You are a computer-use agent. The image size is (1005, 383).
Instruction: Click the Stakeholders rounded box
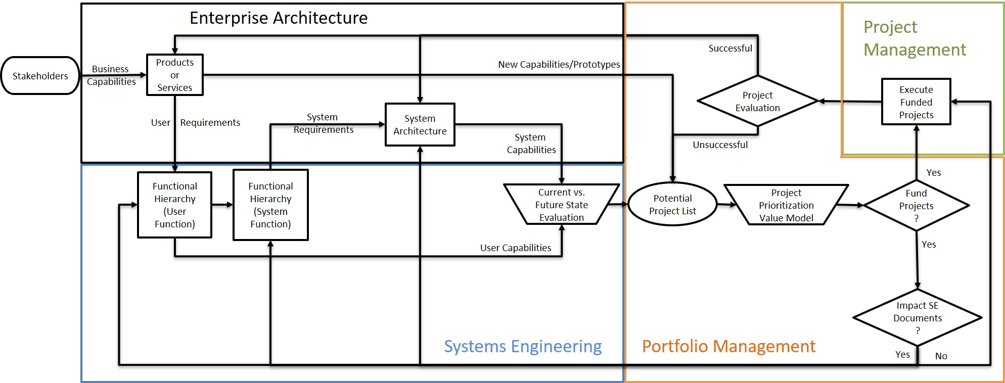[x=40, y=76]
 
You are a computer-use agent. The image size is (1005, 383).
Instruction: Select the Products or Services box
[x=175, y=75]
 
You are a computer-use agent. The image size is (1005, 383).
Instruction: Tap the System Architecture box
[x=420, y=125]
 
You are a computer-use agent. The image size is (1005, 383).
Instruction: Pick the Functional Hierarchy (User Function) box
[x=175, y=205]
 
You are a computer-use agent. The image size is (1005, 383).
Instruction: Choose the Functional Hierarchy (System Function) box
[x=270, y=205]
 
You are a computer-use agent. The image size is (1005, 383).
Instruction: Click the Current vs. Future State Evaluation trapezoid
[x=561, y=205]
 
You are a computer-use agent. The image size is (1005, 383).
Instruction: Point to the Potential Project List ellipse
[x=672, y=204]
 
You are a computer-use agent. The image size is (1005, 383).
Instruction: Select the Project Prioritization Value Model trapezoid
[x=786, y=205]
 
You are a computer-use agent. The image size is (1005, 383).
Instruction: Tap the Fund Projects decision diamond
[x=916, y=206]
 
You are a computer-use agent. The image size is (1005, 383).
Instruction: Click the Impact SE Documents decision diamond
[x=918, y=318]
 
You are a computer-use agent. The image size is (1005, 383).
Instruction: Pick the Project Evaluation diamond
[x=757, y=101]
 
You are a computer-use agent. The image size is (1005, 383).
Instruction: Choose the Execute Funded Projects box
[x=916, y=102]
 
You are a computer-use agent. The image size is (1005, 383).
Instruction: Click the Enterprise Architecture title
[x=279, y=18]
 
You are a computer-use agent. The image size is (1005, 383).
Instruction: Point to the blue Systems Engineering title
[x=523, y=346]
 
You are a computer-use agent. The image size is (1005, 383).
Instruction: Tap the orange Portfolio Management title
[x=728, y=346]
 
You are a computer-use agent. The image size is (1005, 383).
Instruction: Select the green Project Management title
[x=915, y=38]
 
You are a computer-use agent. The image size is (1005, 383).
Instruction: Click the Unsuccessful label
[x=720, y=145]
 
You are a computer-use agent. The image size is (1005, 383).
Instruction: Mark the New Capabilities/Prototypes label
[x=559, y=65]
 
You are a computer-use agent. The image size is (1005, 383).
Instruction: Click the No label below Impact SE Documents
[x=941, y=356]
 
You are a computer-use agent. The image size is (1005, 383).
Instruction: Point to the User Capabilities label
[x=515, y=248]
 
